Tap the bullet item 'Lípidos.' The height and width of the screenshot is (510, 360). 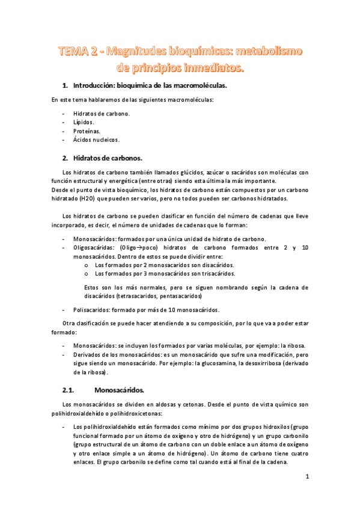click(84, 121)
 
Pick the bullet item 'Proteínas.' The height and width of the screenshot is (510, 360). click(87, 131)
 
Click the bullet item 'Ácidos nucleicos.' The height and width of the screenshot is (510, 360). click(96, 140)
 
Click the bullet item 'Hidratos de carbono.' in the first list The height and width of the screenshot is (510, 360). click(101, 113)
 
